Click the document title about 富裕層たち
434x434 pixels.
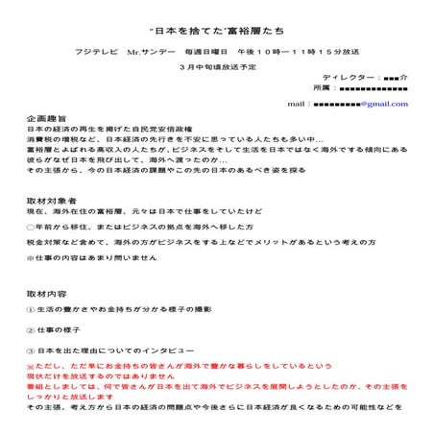pos(216,19)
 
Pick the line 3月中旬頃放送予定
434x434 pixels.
pos(217,69)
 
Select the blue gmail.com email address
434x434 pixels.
pos(357,104)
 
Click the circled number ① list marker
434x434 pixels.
pos(31,308)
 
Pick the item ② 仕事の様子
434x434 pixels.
pos(57,329)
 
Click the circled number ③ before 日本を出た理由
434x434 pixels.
pos(31,350)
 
